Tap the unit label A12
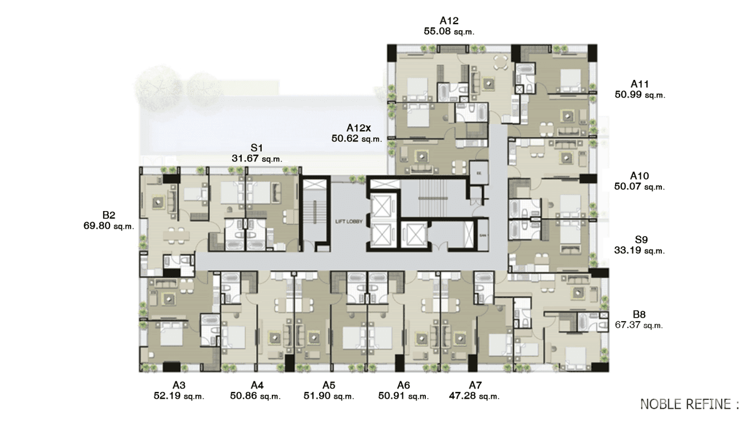coord(449,21)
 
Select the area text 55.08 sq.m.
coord(449,32)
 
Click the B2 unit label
coord(108,215)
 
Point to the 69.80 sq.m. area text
coord(108,226)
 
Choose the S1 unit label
coord(257,148)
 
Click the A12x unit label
coord(357,128)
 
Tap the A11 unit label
coord(640,84)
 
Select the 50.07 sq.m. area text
coord(640,186)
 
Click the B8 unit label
coord(639,315)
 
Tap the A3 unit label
coord(179,385)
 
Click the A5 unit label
coord(329,385)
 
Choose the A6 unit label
coord(404,385)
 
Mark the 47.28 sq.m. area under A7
coord(474,396)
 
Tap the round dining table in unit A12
coord(502,62)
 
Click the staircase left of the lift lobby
coord(315,215)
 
